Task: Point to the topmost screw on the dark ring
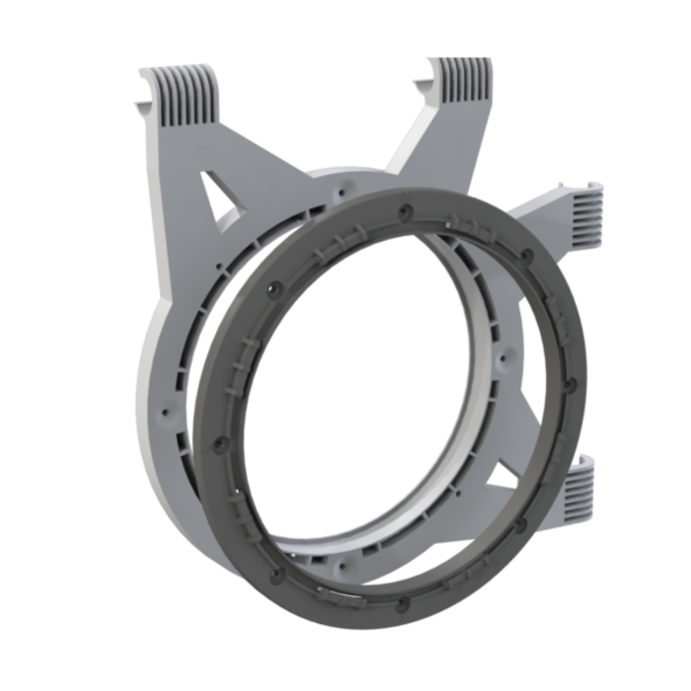pos(405,210)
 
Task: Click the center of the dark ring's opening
pos(390,405)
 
